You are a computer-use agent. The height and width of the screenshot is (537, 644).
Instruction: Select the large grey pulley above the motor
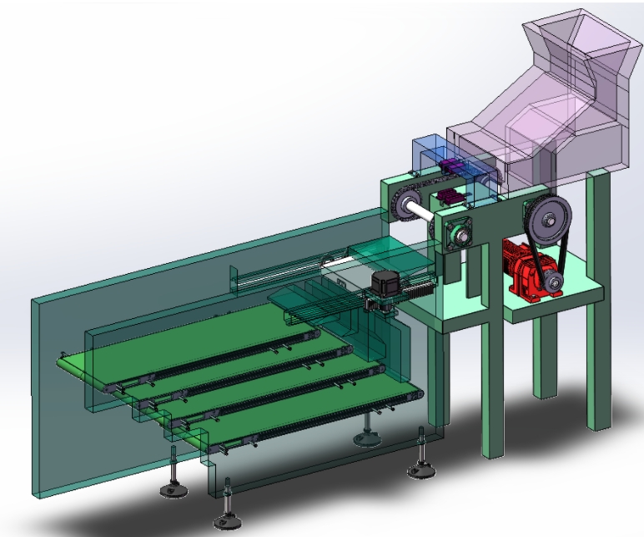click(x=549, y=220)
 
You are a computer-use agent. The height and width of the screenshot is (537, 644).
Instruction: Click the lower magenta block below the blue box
click(x=450, y=197)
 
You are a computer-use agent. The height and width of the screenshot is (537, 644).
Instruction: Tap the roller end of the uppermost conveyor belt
click(x=65, y=361)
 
